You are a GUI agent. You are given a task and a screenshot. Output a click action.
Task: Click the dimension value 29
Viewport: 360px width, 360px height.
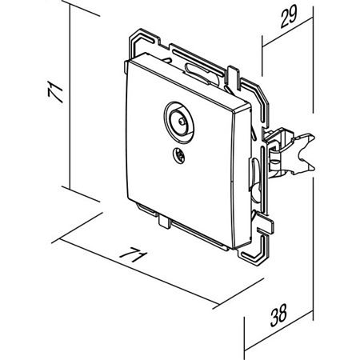[x=289, y=17]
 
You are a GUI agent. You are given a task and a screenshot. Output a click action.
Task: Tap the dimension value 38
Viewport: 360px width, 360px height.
[x=279, y=315]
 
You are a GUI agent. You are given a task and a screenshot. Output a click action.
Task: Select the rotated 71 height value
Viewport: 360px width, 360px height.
[x=55, y=92]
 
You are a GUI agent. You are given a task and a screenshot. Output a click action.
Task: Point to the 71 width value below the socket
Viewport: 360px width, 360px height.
[x=134, y=254]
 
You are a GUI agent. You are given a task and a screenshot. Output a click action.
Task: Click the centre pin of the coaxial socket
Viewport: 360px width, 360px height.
[x=182, y=122]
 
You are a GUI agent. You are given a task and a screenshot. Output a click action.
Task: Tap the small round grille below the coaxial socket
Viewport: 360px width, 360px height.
[x=178, y=155]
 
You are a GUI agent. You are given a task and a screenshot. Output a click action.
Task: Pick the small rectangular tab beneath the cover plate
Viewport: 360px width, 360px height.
[x=164, y=222]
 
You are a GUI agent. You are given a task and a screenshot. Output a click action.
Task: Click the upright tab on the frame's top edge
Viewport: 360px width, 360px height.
[x=233, y=75]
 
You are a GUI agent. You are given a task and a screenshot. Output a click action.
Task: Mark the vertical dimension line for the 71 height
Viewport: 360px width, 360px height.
[x=70, y=97]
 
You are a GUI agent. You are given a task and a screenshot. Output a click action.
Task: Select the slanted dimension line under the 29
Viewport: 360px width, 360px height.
[x=287, y=32]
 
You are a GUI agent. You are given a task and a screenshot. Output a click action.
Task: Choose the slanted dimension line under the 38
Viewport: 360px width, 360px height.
[x=279, y=330]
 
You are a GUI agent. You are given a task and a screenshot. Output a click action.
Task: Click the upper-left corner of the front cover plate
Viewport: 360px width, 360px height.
[x=129, y=62]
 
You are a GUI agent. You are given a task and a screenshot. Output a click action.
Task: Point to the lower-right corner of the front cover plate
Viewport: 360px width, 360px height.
[x=234, y=249]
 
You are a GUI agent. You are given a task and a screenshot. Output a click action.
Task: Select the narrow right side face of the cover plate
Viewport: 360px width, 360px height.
[x=242, y=178]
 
